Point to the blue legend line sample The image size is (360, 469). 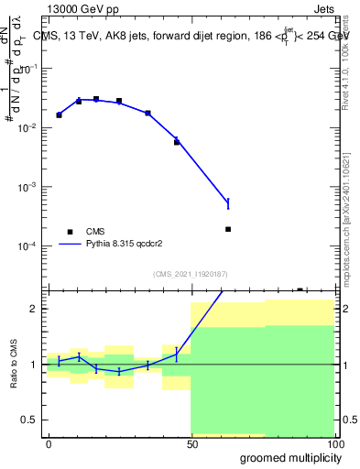click(71, 245)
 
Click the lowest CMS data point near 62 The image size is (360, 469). click(227, 229)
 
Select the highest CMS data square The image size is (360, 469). click(96, 99)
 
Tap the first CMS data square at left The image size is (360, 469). click(59, 115)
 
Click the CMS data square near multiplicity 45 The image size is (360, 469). click(177, 142)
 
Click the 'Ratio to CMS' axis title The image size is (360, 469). click(16, 364)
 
